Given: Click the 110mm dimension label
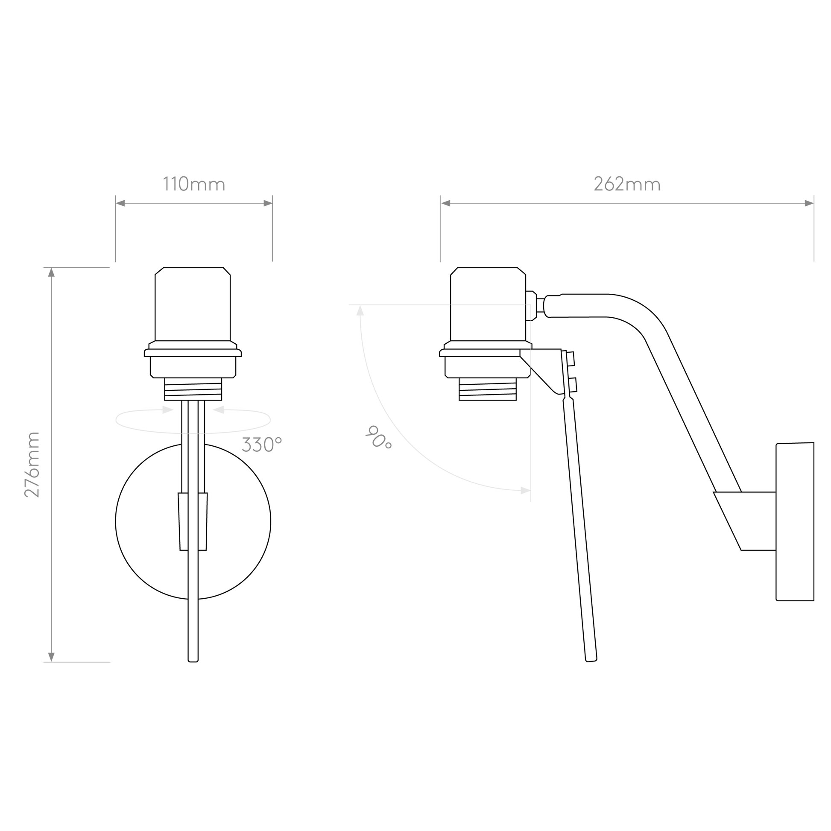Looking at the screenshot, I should click(x=193, y=184).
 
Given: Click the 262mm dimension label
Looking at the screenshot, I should click(x=627, y=184).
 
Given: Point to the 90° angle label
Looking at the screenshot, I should click(x=378, y=436).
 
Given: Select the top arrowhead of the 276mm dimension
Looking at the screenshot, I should click(x=51, y=273).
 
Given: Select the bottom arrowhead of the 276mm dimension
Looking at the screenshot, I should click(x=51, y=656).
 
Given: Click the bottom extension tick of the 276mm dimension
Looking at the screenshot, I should click(x=77, y=662).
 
